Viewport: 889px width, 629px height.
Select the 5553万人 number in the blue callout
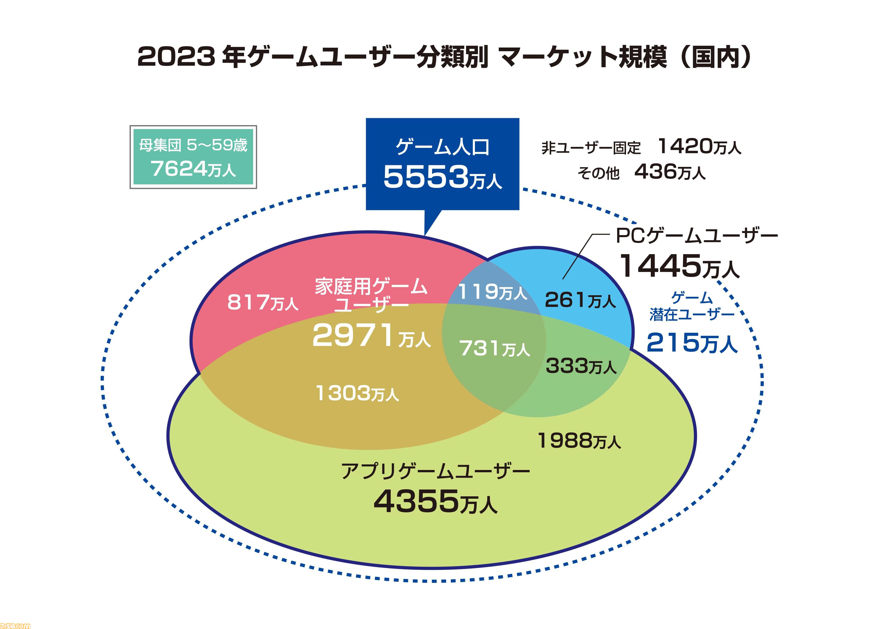coord(442,177)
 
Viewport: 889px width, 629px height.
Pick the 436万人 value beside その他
coord(670,172)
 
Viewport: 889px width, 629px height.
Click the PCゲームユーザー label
coord(696,236)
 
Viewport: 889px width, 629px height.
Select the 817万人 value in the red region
coord(263,303)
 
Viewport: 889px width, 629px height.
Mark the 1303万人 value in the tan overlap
coord(357,394)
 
